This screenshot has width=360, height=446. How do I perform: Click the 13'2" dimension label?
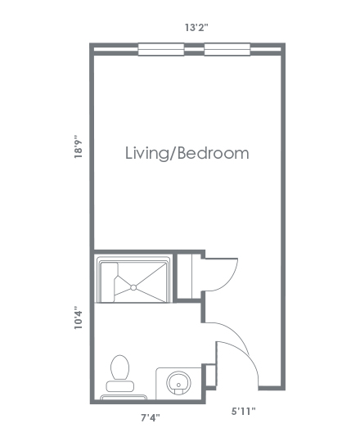tap(196, 28)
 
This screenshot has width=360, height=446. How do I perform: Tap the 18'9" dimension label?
tap(79, 146)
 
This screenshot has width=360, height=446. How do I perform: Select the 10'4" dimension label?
tap(79, 318)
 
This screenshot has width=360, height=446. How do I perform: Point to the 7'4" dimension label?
tap(151, 418)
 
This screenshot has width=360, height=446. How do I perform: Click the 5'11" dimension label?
tap(243, 411)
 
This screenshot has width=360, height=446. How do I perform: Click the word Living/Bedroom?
tap(187, 154)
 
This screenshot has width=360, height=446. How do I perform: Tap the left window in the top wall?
tap(161, 49)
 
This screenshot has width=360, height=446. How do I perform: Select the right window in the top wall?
tap(227, 49)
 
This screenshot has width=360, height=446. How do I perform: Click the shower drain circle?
tap(133, 287)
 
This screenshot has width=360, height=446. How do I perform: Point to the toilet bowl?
tap(119, 367)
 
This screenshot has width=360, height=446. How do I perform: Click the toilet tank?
tap(120, 386)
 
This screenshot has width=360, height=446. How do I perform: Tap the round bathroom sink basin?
tap(178, 383)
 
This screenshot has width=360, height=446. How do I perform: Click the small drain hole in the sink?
tap(178, 385)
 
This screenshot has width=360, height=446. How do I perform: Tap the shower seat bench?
tap(108, 282)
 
